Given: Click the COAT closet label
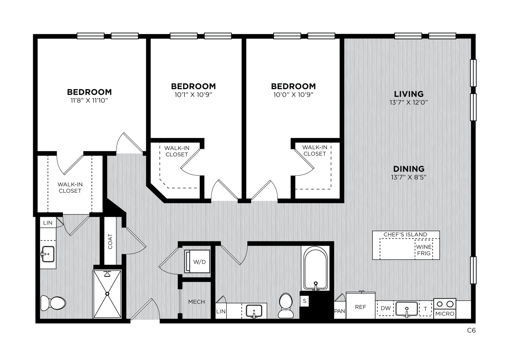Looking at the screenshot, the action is [x=110, y=241].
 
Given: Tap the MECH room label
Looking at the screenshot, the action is [x=197, y=302].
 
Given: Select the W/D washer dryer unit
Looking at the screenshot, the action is [x=197, y=261].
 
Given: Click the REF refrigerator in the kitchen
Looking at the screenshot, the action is [x=361, y=305].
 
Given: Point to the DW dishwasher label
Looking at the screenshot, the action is [x=386, y=308].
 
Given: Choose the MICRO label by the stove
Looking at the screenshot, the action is [x=445, y=314].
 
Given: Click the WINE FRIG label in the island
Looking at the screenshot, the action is [x=424, y=250].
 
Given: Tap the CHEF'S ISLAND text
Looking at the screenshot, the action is [x=405, y=234].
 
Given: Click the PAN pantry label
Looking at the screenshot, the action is [x=340, y=311].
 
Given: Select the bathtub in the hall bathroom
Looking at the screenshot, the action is [x=315, y=268].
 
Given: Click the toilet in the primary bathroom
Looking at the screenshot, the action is [x=53, y=303].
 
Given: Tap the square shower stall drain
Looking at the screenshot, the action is [x=107, y=294].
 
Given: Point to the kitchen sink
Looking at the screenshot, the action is [x=407, y=309].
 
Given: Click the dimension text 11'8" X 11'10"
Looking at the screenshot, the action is [x=89, y=100].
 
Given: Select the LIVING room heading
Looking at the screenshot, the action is [x=409, y=94].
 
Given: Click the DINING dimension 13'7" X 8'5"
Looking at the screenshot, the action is [x=409, y=177].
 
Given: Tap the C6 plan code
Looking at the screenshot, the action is [x=471, y=330].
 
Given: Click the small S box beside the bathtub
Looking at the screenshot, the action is [x=304, y=301].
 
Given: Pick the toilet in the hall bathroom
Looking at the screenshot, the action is [x=286, y=305].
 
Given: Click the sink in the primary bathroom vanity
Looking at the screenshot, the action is [x=48, y=254].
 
